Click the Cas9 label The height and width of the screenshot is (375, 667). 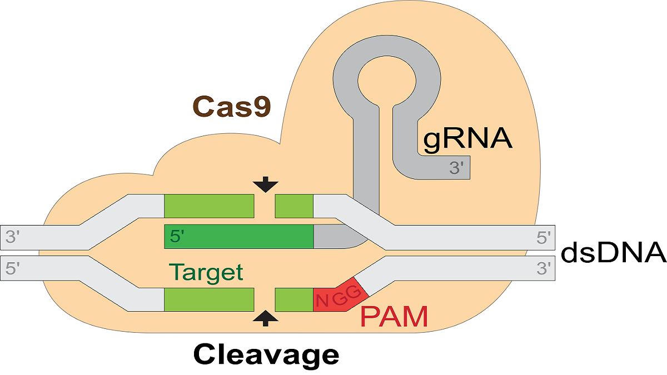[x=232, y=106]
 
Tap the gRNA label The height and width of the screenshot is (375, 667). [x=467, y=139]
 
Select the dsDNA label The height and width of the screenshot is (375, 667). [x=613, y=252]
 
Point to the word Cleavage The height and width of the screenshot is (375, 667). [x=266, y=353]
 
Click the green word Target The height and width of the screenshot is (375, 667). [x=206, y=272]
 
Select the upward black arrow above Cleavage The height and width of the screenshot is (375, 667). [x=265, y=317]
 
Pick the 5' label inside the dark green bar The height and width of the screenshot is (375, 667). [x=177, y=237]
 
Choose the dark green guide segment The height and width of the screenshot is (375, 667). [x=239, y=237]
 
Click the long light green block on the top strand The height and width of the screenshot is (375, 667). [x=209, y=206]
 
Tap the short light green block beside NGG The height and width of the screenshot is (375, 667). [x=294, y=299]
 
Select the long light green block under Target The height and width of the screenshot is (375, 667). [x=209, y=299]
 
